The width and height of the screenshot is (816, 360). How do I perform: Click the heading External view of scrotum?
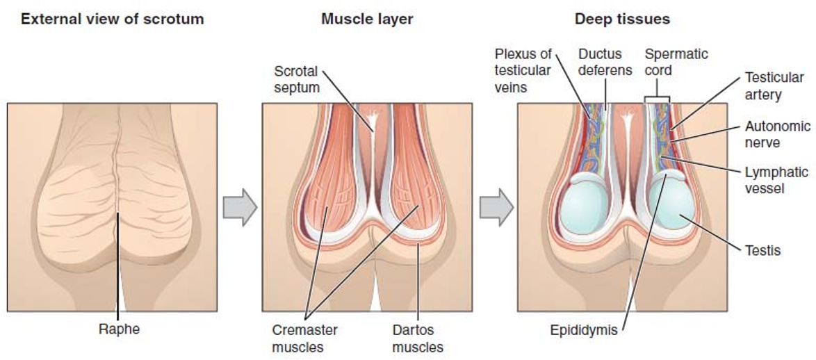111,19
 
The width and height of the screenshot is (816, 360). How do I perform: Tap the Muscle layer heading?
368,19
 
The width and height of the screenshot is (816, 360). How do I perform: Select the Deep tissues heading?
622,19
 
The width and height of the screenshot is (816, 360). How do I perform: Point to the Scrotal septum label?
297,79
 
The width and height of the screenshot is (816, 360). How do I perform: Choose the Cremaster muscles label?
305,338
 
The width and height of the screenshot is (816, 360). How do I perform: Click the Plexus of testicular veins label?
523,70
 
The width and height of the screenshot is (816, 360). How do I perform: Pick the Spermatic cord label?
669,61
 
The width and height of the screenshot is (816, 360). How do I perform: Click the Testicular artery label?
774,86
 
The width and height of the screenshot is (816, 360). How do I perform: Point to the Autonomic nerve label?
778,134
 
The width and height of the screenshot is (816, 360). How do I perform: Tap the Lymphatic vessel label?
776,179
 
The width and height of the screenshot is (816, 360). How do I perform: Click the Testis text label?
763,250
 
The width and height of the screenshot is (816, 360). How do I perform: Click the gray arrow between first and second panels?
240,206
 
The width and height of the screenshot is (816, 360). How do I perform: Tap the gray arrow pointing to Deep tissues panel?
496,206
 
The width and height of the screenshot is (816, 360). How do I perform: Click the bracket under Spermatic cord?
657,98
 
